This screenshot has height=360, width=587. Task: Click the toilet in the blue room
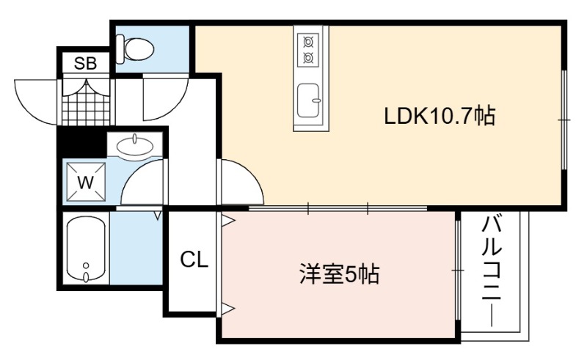134,48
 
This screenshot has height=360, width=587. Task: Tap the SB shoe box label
85,64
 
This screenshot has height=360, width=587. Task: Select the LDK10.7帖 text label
440,116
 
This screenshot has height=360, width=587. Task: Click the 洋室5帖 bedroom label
340,274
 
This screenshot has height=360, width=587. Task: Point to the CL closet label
194,259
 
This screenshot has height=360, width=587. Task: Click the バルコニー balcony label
492,271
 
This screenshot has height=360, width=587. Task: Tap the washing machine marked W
86,183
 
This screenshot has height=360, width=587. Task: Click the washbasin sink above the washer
134,146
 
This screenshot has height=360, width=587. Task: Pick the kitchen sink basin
308,100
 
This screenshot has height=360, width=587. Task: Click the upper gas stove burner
307,42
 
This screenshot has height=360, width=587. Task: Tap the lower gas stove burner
307,58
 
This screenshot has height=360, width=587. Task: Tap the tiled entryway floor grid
87,104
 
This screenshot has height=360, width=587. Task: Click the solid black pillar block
81,142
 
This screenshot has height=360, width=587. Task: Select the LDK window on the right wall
564,120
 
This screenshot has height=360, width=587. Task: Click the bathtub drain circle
86,265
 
